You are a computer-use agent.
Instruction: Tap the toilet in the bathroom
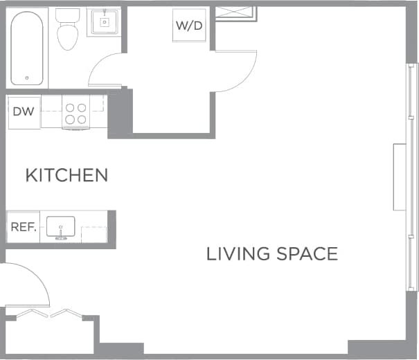pyautogui.click(x=67, y=35)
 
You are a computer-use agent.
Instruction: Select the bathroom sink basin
pyautogui.click(x=104, y=22)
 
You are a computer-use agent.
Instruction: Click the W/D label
pyautogui.click(x=188, y=26)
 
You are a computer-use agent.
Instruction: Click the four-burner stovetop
pyautogui.click(x=75, y=113)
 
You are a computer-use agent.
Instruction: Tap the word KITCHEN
pyautogui.click(x=66, y=175)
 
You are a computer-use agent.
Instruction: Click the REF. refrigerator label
pyautogui.click(x=23, y=227)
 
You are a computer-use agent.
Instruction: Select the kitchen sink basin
pyautogui.click(x=60, y=226)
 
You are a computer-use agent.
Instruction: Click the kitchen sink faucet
pyautogui.click(x=60, y=238)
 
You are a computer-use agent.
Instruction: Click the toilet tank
pyautogui.click(x=67, y=15)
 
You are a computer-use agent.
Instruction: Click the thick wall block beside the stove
pyautogui.click(x=119, y=113)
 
